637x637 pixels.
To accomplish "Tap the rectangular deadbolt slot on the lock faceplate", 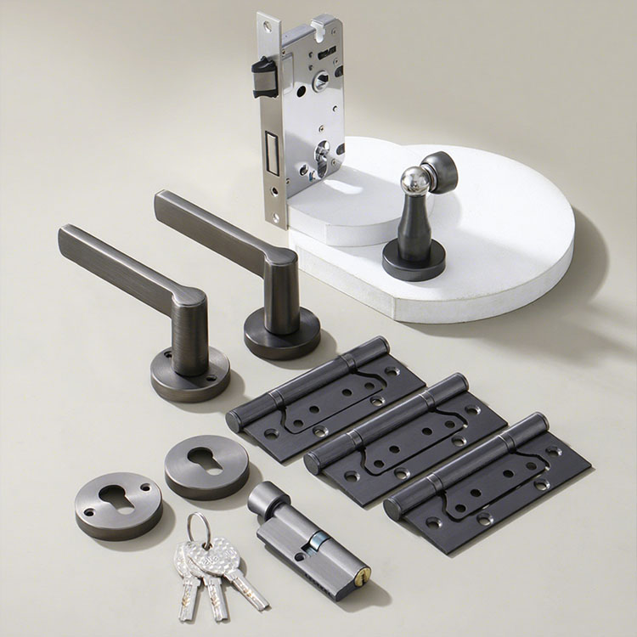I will (272, 151).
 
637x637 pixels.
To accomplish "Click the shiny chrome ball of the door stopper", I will (414, 180).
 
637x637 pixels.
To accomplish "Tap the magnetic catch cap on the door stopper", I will (442, 169).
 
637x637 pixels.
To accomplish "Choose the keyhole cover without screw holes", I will (206, 467).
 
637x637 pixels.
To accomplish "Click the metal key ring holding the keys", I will (198, 528).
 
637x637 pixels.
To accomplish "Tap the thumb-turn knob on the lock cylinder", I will (267, 499).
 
